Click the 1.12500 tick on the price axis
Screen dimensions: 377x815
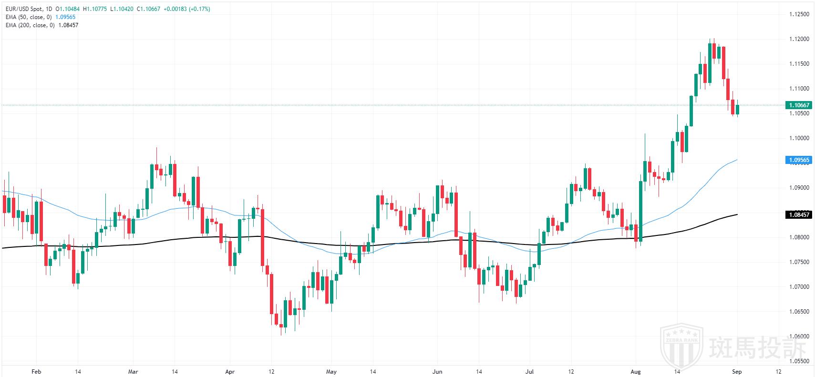[x=799, y=14]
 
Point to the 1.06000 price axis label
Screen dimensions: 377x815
[x=799, y=336]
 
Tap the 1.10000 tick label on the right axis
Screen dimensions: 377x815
[x=799, y=138]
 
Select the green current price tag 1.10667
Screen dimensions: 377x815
[x=798, y=105]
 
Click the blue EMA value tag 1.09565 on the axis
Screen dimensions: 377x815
[x=798, y=160]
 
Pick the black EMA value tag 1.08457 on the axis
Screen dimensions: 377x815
[x=798, y=215]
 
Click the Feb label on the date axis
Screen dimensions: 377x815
[x=36, y=372]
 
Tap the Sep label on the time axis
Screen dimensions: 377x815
[x=737, y=372]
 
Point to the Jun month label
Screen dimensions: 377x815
[x=437, y=372]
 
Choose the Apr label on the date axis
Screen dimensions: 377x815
[x=230, y=372]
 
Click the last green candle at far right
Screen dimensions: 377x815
[x=737, y=110]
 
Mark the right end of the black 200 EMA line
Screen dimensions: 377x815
[x=737, y=214]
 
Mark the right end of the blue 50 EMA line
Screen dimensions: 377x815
[x=737, y=160]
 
